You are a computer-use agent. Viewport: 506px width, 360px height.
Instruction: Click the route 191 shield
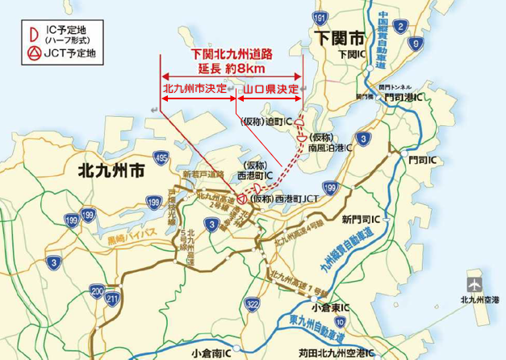coord(322,17)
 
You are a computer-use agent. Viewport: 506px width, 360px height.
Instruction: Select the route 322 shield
coord(252,303)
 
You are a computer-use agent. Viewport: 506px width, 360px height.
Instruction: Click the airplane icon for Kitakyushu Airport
coord(473,284)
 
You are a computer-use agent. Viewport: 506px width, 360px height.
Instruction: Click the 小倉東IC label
coord(331,308)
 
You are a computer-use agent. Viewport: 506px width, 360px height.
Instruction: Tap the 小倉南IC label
coord(212,353)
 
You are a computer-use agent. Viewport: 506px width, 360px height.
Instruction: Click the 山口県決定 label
coord(271,87)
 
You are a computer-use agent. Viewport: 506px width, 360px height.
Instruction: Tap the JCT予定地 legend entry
coord(60,54)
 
